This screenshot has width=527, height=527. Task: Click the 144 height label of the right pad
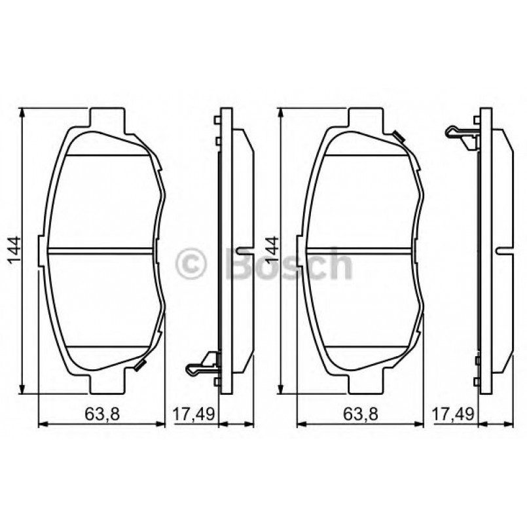pyautogui.click(x=270, y=251)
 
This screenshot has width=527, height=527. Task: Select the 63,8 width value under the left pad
pyautogui.click(x=101, y=413)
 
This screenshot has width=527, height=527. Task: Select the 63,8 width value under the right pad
pyautogui.click(x=359, y=413)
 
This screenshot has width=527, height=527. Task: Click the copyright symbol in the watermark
pyautogui.click(x=191, y=264)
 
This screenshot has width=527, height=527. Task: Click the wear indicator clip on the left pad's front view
pyautogui.click(x=139, y=365)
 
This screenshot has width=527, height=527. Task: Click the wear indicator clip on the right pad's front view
pyautogui.click(x=398, y=136)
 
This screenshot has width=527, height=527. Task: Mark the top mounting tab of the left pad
pyautogui.click(x=106, y=118)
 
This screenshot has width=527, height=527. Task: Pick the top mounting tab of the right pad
pyautogui.click(x=365, y=118)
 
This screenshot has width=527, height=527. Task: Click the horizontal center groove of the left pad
pyautogui.click(x=101, y=251)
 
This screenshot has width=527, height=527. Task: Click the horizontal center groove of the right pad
pyautogui.click(x=359, y=251)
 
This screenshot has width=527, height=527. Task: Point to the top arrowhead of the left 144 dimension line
pyautogui.click(x=24, y=113)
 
